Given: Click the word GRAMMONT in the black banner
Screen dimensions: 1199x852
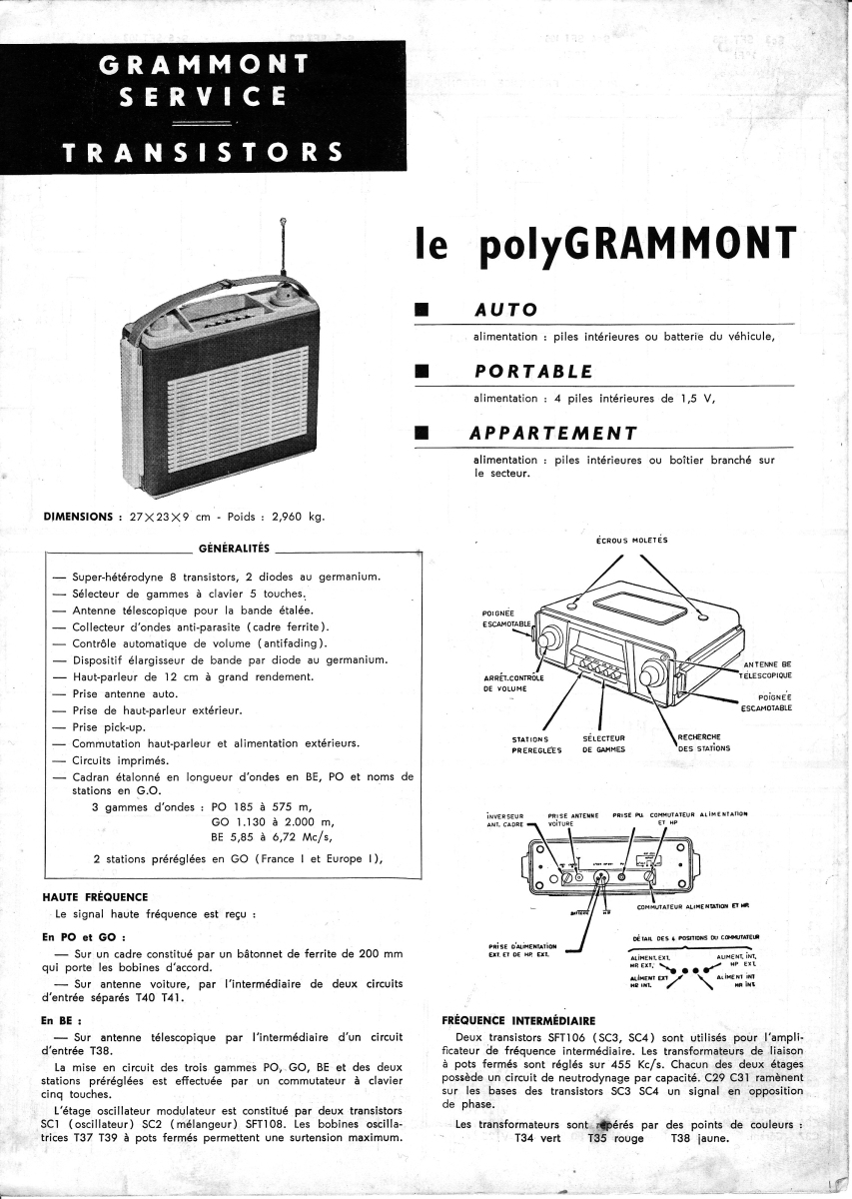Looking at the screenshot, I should pos(204,67).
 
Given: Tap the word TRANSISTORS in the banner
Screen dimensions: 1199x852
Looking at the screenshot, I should pos(204,153).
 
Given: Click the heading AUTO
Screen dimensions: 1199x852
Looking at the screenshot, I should pos(505,310).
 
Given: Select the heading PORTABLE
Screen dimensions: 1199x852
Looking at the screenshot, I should pos(533,372).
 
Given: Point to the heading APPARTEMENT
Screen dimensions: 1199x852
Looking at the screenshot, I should pos(554,433).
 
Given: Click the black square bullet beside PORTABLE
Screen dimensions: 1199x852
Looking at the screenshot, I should pos(421,373).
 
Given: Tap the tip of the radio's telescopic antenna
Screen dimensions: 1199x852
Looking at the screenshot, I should pos(285,219).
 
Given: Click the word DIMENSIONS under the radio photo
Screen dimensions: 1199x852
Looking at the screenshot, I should pos(78,517).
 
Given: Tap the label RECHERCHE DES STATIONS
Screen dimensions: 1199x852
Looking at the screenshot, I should pos(704,742).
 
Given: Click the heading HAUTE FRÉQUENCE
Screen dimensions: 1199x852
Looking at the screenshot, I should pos(96,897).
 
